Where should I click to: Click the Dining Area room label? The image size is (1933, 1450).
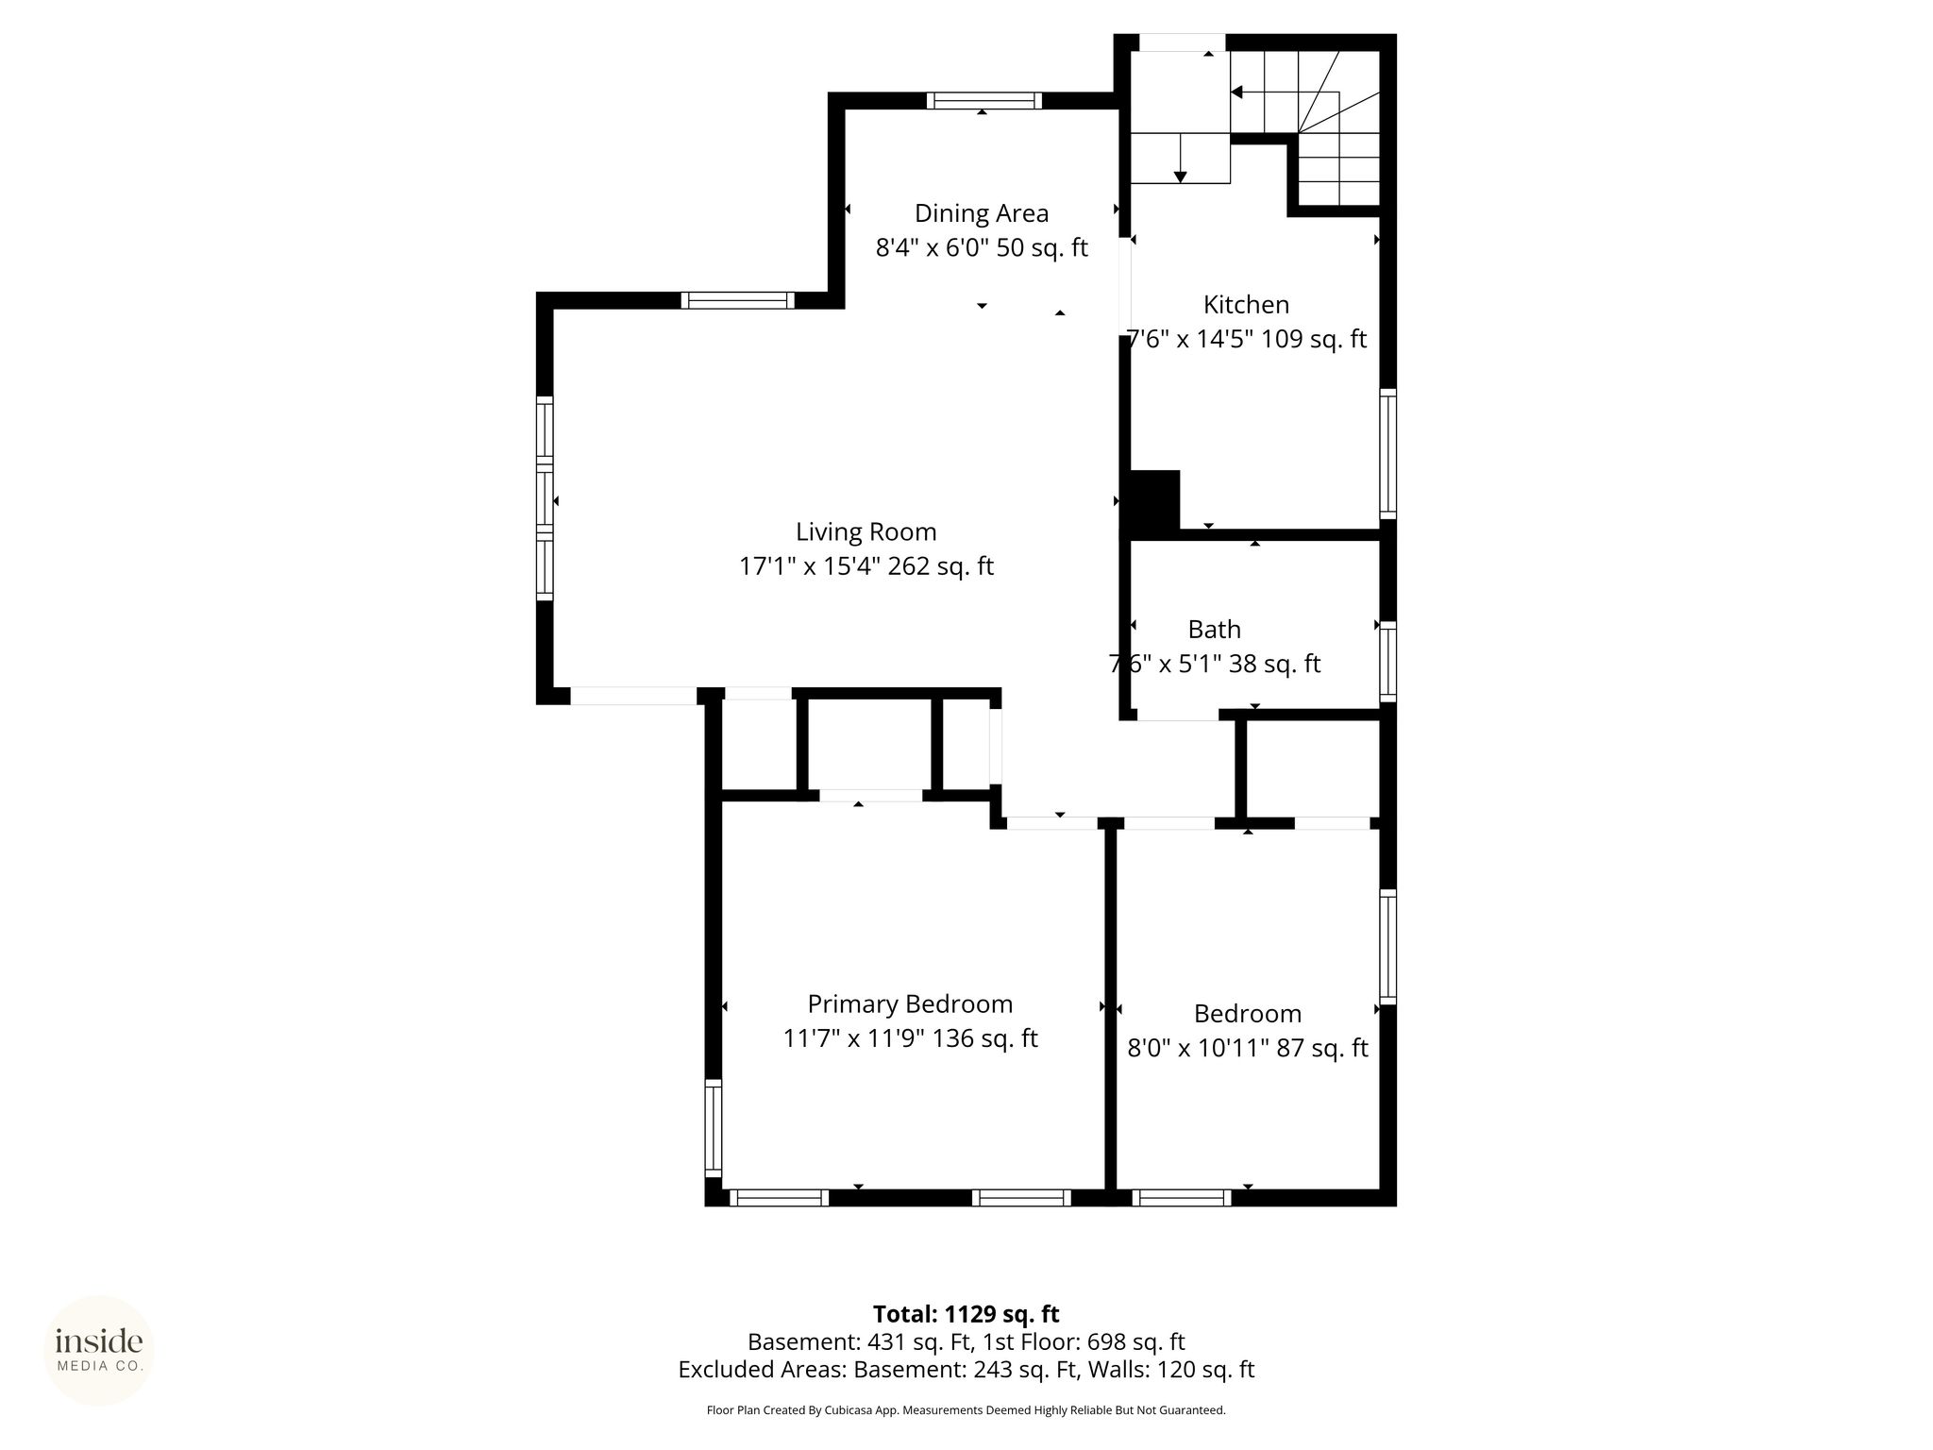click(x=982, y=214)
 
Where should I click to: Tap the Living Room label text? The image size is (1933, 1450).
click(x=866, y=532)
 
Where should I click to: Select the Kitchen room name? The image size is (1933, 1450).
click(x=1246, y=305)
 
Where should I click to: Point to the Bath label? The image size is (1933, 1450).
click(x=1214, y=630)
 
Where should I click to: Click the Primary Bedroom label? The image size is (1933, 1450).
click(x=910, y=1004)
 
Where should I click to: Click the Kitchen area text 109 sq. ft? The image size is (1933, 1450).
click(x=1314, y=339)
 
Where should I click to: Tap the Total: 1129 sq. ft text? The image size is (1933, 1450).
click(x=966, y=1314)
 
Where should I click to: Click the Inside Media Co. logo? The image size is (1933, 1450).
click(x=99, y=1350)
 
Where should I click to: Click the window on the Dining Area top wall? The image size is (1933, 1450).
click(x=983, y=101)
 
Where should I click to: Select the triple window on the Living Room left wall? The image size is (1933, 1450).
click(x=545, y=498)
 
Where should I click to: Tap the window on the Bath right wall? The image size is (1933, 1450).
click(x=1387, y=661)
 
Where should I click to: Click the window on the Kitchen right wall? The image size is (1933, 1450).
click(x=1387, y=454)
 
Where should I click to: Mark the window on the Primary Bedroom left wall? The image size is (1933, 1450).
click(x=714, y=1128)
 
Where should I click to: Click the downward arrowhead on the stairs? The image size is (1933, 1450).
click(x=1180, y=177)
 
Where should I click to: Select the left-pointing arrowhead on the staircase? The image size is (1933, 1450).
click(x=1237, y=93)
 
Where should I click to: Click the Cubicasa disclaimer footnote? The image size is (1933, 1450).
click(x=966, y=1410)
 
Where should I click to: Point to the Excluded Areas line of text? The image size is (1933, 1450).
click(x=966, y=1370)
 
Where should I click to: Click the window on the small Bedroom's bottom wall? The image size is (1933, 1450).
click(x=1182, y=1198)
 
